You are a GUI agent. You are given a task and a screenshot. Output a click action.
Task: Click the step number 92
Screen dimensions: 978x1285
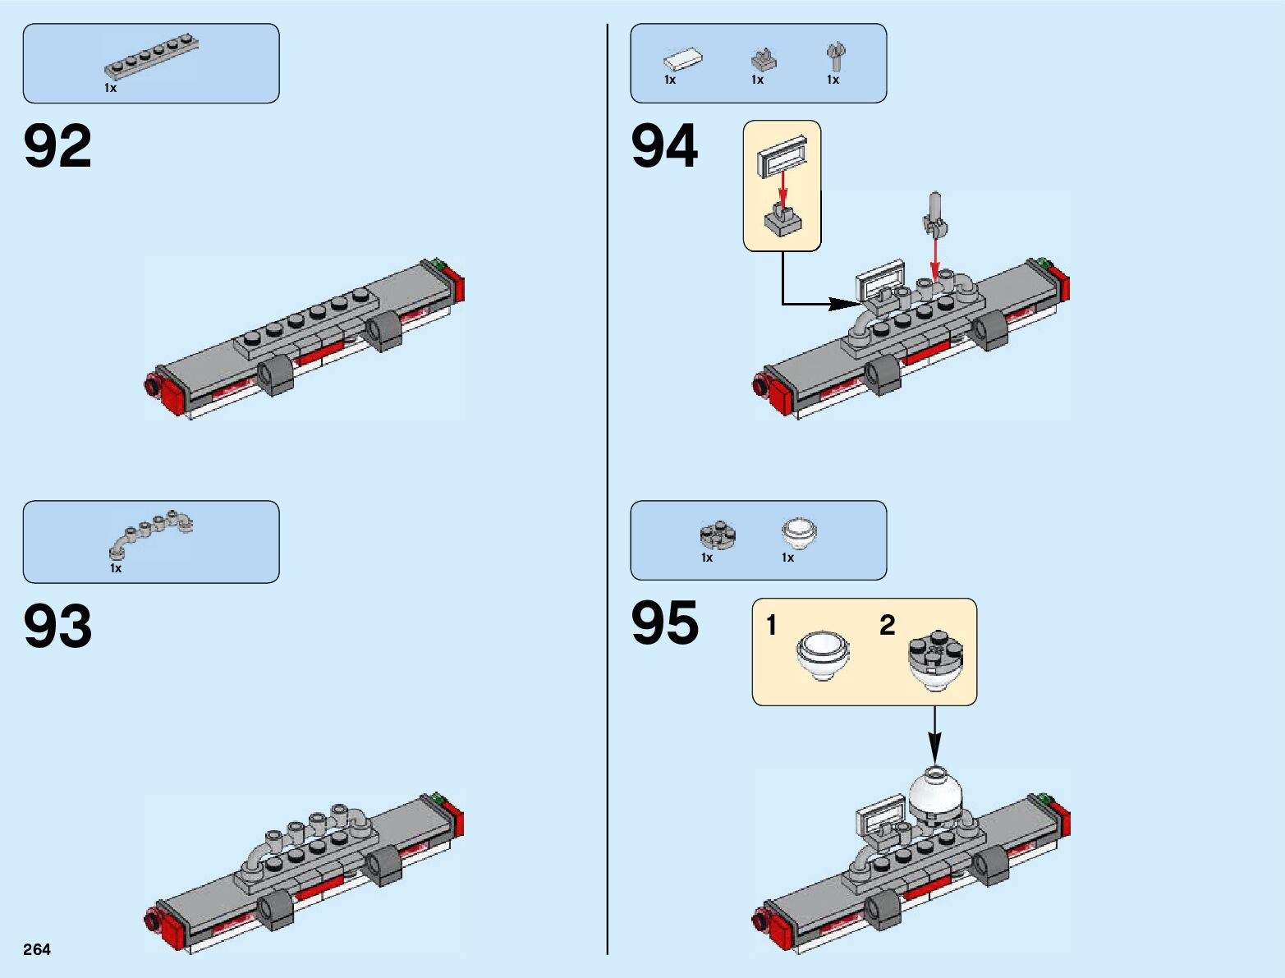pos(57,147)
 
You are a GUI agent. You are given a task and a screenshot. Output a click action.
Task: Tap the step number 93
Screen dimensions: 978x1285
pos(57,627)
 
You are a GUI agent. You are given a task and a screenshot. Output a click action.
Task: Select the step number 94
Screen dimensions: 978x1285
pos(664,147)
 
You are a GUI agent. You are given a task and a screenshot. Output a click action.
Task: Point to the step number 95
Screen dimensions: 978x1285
pos(664,623)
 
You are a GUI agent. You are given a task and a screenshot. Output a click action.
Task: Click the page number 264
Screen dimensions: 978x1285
pos(37,949)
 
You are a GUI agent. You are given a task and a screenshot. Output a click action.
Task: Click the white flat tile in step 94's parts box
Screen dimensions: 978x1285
pos(683,58)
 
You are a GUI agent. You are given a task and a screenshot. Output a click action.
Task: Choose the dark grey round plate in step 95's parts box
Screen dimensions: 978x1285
pos(718,535)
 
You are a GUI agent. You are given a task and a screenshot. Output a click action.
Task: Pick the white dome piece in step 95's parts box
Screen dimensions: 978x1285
pos(798,532)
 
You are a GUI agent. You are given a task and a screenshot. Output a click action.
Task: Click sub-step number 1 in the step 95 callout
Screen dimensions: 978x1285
pos(771,626)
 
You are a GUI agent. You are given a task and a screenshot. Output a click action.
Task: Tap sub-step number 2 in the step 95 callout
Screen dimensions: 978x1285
pos(887,626)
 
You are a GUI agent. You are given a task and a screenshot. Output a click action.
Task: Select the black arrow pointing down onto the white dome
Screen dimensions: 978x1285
pos(934,735)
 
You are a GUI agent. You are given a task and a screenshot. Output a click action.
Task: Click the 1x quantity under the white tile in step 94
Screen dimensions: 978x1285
pos(670,80)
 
